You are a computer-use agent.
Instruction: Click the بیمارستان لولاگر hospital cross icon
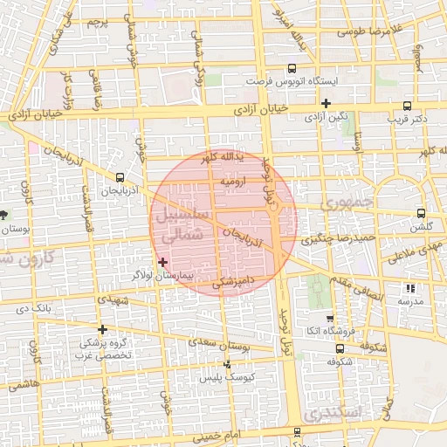click(162, 262)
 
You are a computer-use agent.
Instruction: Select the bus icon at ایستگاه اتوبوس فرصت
click(291, 67)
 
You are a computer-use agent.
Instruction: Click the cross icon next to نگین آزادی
click(325, 103)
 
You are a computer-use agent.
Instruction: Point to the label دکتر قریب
click(407, 117)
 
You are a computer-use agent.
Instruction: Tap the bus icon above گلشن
click(422, 212)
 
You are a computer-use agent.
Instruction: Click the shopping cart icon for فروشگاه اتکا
click(329, 319)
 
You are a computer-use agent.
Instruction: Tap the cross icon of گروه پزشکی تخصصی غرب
click(104, 329)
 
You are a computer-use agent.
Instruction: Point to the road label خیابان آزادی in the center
click(264, 112)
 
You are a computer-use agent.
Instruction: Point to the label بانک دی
click(36, 307)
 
